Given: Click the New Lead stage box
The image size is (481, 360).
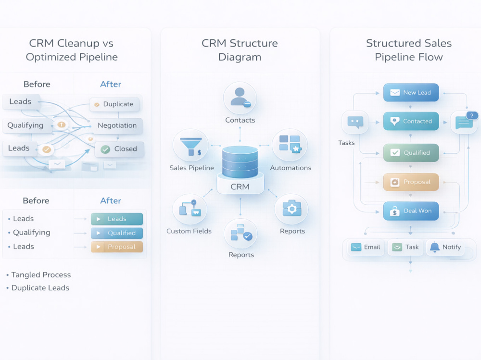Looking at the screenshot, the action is click(x=411, y=92).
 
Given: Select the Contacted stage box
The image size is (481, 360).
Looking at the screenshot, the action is click(x=411, y=121).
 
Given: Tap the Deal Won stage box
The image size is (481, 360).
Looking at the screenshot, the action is click(x=411, y=211).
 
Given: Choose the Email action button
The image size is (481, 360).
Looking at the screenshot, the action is click(x=366, y=247).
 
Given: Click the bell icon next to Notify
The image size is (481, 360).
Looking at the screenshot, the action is click(x=435, y=247).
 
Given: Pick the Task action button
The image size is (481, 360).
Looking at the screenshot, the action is click(x=405, y=247).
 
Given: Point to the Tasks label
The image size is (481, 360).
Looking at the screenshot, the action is click(x=346, y=143).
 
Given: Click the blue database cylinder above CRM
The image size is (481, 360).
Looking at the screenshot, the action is click(x=240, y=162).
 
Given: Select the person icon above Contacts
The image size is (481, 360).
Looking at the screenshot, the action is click(x=240, y=97).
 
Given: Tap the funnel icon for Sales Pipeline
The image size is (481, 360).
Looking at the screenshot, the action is click(x=191, y=147).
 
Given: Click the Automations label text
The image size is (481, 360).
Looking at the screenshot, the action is click(x=291, y=168).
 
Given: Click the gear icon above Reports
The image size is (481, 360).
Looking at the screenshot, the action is click(x=292, y=209).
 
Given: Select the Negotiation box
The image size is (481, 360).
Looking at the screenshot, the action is click(x=117, y=125).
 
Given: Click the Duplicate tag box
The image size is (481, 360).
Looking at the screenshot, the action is click(x=114, y=104).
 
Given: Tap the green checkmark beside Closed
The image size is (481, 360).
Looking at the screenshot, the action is click(x=105, y=149).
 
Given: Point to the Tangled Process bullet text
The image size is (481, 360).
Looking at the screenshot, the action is click(x=41, y=275).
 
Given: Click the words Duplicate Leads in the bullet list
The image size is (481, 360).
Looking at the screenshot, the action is click(x=40, y=288).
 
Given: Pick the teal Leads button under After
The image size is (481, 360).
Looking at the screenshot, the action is click(x=117, y=219).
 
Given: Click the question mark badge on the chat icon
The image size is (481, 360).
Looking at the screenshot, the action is click(x=472, y=116).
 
